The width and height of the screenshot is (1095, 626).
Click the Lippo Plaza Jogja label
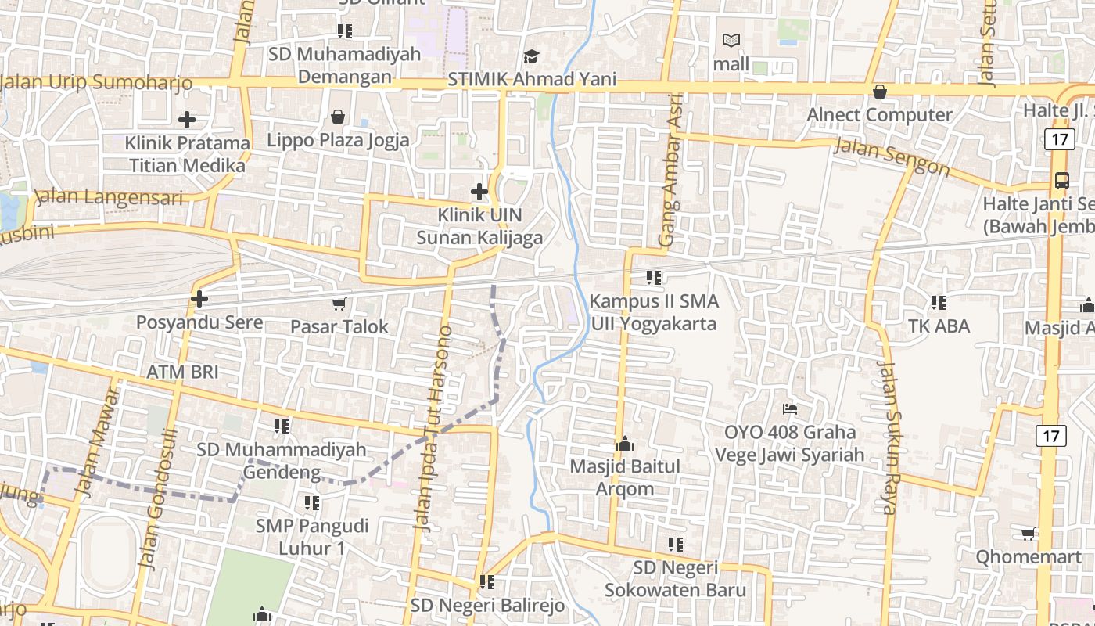pos(338,140)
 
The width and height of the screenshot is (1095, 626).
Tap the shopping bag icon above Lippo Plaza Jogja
pos(337,117)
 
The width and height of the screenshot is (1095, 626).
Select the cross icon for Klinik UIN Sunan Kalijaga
pos(479,192)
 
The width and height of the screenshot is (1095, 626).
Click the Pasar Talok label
pos(339,326)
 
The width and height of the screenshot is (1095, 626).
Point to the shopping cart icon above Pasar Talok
pos(339,304)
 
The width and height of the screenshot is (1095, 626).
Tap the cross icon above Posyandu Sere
pos(199,299)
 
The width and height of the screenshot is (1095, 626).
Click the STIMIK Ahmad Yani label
pos(532,79)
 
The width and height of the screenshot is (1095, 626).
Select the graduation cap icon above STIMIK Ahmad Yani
pos(532,56)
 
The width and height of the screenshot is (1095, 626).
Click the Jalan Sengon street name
pos(892,156)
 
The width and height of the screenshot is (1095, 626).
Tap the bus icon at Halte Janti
pos(1061,181)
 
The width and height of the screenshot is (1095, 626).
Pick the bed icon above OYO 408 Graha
pos(790,408)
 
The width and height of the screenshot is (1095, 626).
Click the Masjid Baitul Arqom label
pos(625,477)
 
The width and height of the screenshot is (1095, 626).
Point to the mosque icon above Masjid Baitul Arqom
pos(625,444)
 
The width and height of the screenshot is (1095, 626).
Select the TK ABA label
pos(939,326)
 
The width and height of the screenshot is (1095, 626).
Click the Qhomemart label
pos(1028,556)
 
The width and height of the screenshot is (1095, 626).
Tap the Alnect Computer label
pos(879,115)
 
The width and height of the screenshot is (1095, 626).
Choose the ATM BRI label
pos(182,371)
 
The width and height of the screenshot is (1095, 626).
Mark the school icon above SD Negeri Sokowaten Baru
pos(676,544)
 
